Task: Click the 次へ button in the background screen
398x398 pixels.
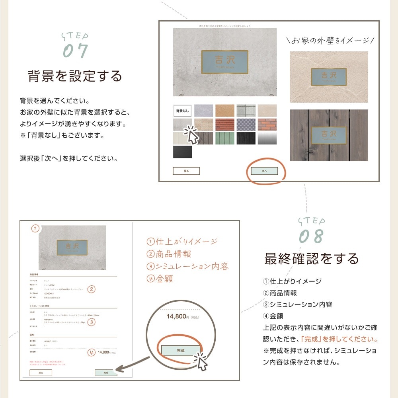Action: coord(264,171)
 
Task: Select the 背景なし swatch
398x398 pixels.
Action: coord(182,110)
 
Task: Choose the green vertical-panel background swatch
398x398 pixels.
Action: coord(225,138)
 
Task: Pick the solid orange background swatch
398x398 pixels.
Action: coord(225,110)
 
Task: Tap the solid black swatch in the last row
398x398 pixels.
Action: coord(182,152)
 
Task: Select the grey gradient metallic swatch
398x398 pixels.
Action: coord(267,138)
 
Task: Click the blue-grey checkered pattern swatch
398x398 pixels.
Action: coord(246,124)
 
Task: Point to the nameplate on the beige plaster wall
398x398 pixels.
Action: coord(329,77)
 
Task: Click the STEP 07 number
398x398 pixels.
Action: coord(76,51)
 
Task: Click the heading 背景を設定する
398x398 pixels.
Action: coord(74,76)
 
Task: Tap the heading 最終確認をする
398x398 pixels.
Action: coord(311,259)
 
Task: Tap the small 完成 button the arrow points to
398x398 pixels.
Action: coord(106,373)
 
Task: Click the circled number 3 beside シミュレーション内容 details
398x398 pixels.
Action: coord(92,322)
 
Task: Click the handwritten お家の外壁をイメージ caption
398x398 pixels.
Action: coord(330,40)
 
